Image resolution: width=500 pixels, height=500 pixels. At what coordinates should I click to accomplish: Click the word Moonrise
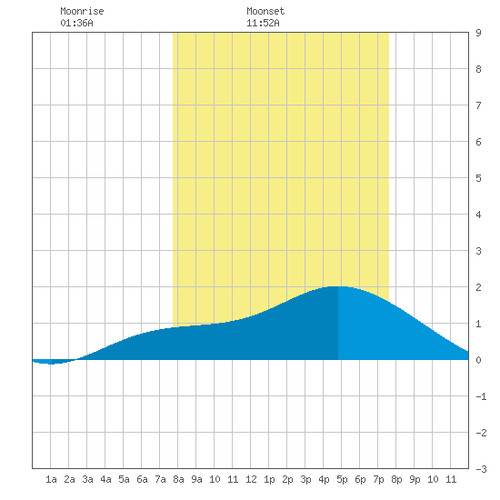click(x=82, y=11)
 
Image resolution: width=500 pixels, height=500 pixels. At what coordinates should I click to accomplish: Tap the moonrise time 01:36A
click(x=77, y=23)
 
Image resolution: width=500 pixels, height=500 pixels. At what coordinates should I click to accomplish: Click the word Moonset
click(x=265, y=11)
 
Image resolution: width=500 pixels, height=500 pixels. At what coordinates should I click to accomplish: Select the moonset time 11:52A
click(x=263, y=23)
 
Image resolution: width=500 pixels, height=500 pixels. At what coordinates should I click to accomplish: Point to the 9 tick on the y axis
click(x=478, y=33)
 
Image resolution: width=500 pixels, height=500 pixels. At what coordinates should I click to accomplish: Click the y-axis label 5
click(x=478, y=178)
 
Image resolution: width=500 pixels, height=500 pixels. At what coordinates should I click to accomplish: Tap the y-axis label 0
click(x=478, y=360)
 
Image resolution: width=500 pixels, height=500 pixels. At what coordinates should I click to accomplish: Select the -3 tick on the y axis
click(x=481, y=469)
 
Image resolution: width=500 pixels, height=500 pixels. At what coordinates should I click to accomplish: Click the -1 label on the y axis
click(x=481, y=396)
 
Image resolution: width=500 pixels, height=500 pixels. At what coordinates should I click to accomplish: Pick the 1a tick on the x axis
click(x=51, y=479)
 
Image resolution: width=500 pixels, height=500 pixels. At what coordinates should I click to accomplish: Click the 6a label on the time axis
click(x=142, y=479)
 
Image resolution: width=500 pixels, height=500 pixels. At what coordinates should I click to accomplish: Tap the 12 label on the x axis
click(x=251, y=479)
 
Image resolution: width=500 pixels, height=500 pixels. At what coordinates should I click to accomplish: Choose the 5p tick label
click(x=342, y=479)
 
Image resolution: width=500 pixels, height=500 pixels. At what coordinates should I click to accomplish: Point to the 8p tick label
click(x=396, y=479)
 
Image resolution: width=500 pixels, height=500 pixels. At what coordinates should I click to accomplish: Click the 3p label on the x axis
click(x=305, y=479)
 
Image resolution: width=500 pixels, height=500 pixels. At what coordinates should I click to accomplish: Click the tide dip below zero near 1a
click(x=51, y=364)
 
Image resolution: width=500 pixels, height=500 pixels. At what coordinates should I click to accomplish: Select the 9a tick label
click(x=196, y=479)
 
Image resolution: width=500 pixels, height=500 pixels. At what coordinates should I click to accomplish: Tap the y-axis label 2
click(x=478, y=287)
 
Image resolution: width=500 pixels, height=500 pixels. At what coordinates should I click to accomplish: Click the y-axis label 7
click(x=478, y=105)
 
